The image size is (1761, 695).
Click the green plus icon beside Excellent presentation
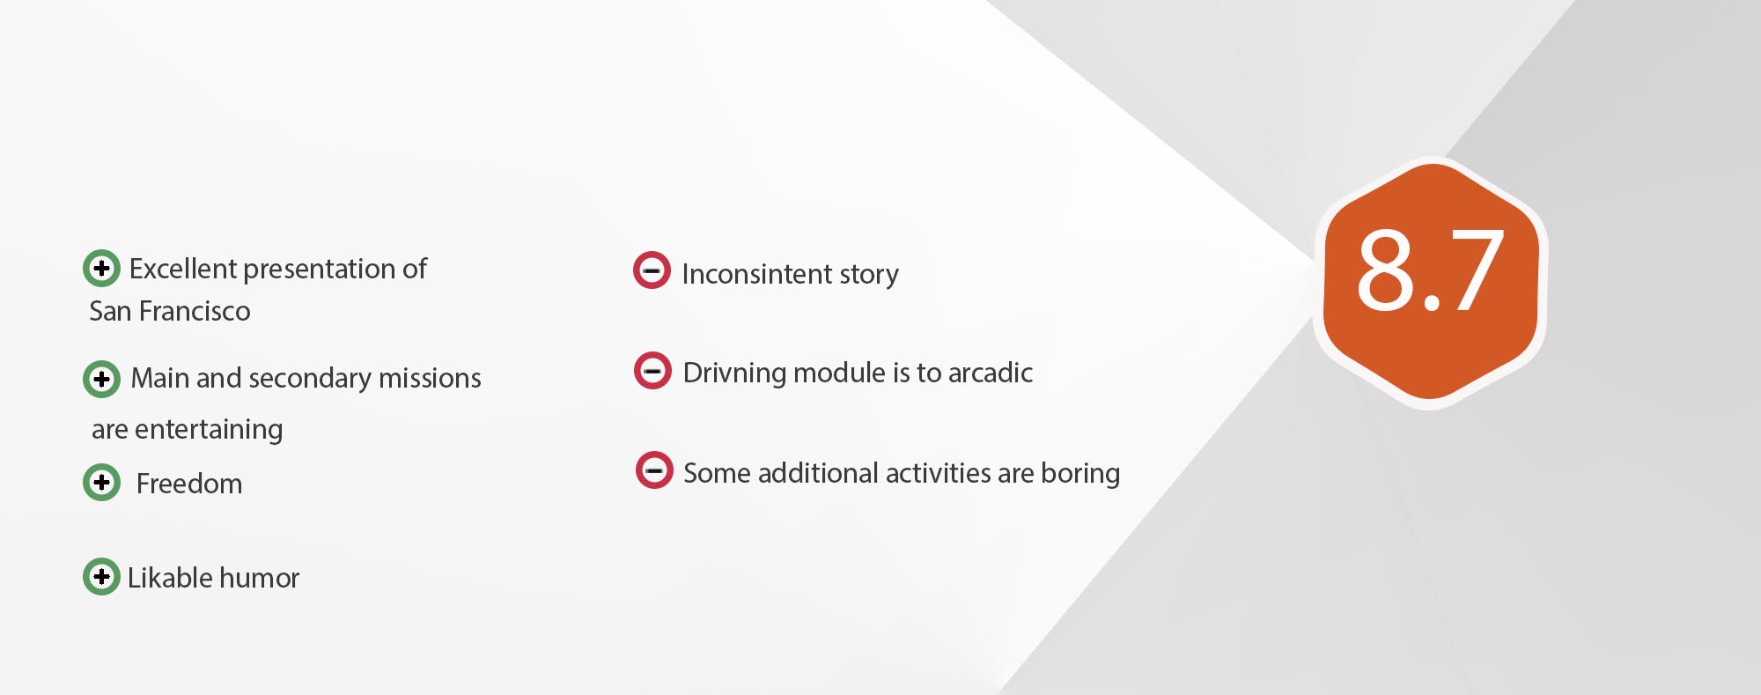(x=101, y=268)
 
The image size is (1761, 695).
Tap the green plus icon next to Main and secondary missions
(x=101, y=379)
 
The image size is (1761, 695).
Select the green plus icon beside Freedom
(x=101, y=482)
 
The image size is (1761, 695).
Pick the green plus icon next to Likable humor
(x=101, y=576)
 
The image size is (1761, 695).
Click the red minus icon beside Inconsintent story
(x=652, y=270)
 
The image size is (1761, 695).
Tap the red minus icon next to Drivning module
(x=652, y=371)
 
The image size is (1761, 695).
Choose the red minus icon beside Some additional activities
(x=654, y=469)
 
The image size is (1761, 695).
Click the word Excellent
(x=182, y=269)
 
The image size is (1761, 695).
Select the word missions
(x=430, y=378)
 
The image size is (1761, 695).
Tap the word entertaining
(x=209, y=430)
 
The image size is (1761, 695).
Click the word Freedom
(x=189, y=484)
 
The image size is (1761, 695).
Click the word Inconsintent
(x=756, y=274)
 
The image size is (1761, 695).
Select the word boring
(x=1080, y=474)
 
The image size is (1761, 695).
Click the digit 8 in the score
(x=1385, y=270)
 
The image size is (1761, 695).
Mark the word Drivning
(x=734, y=373)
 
